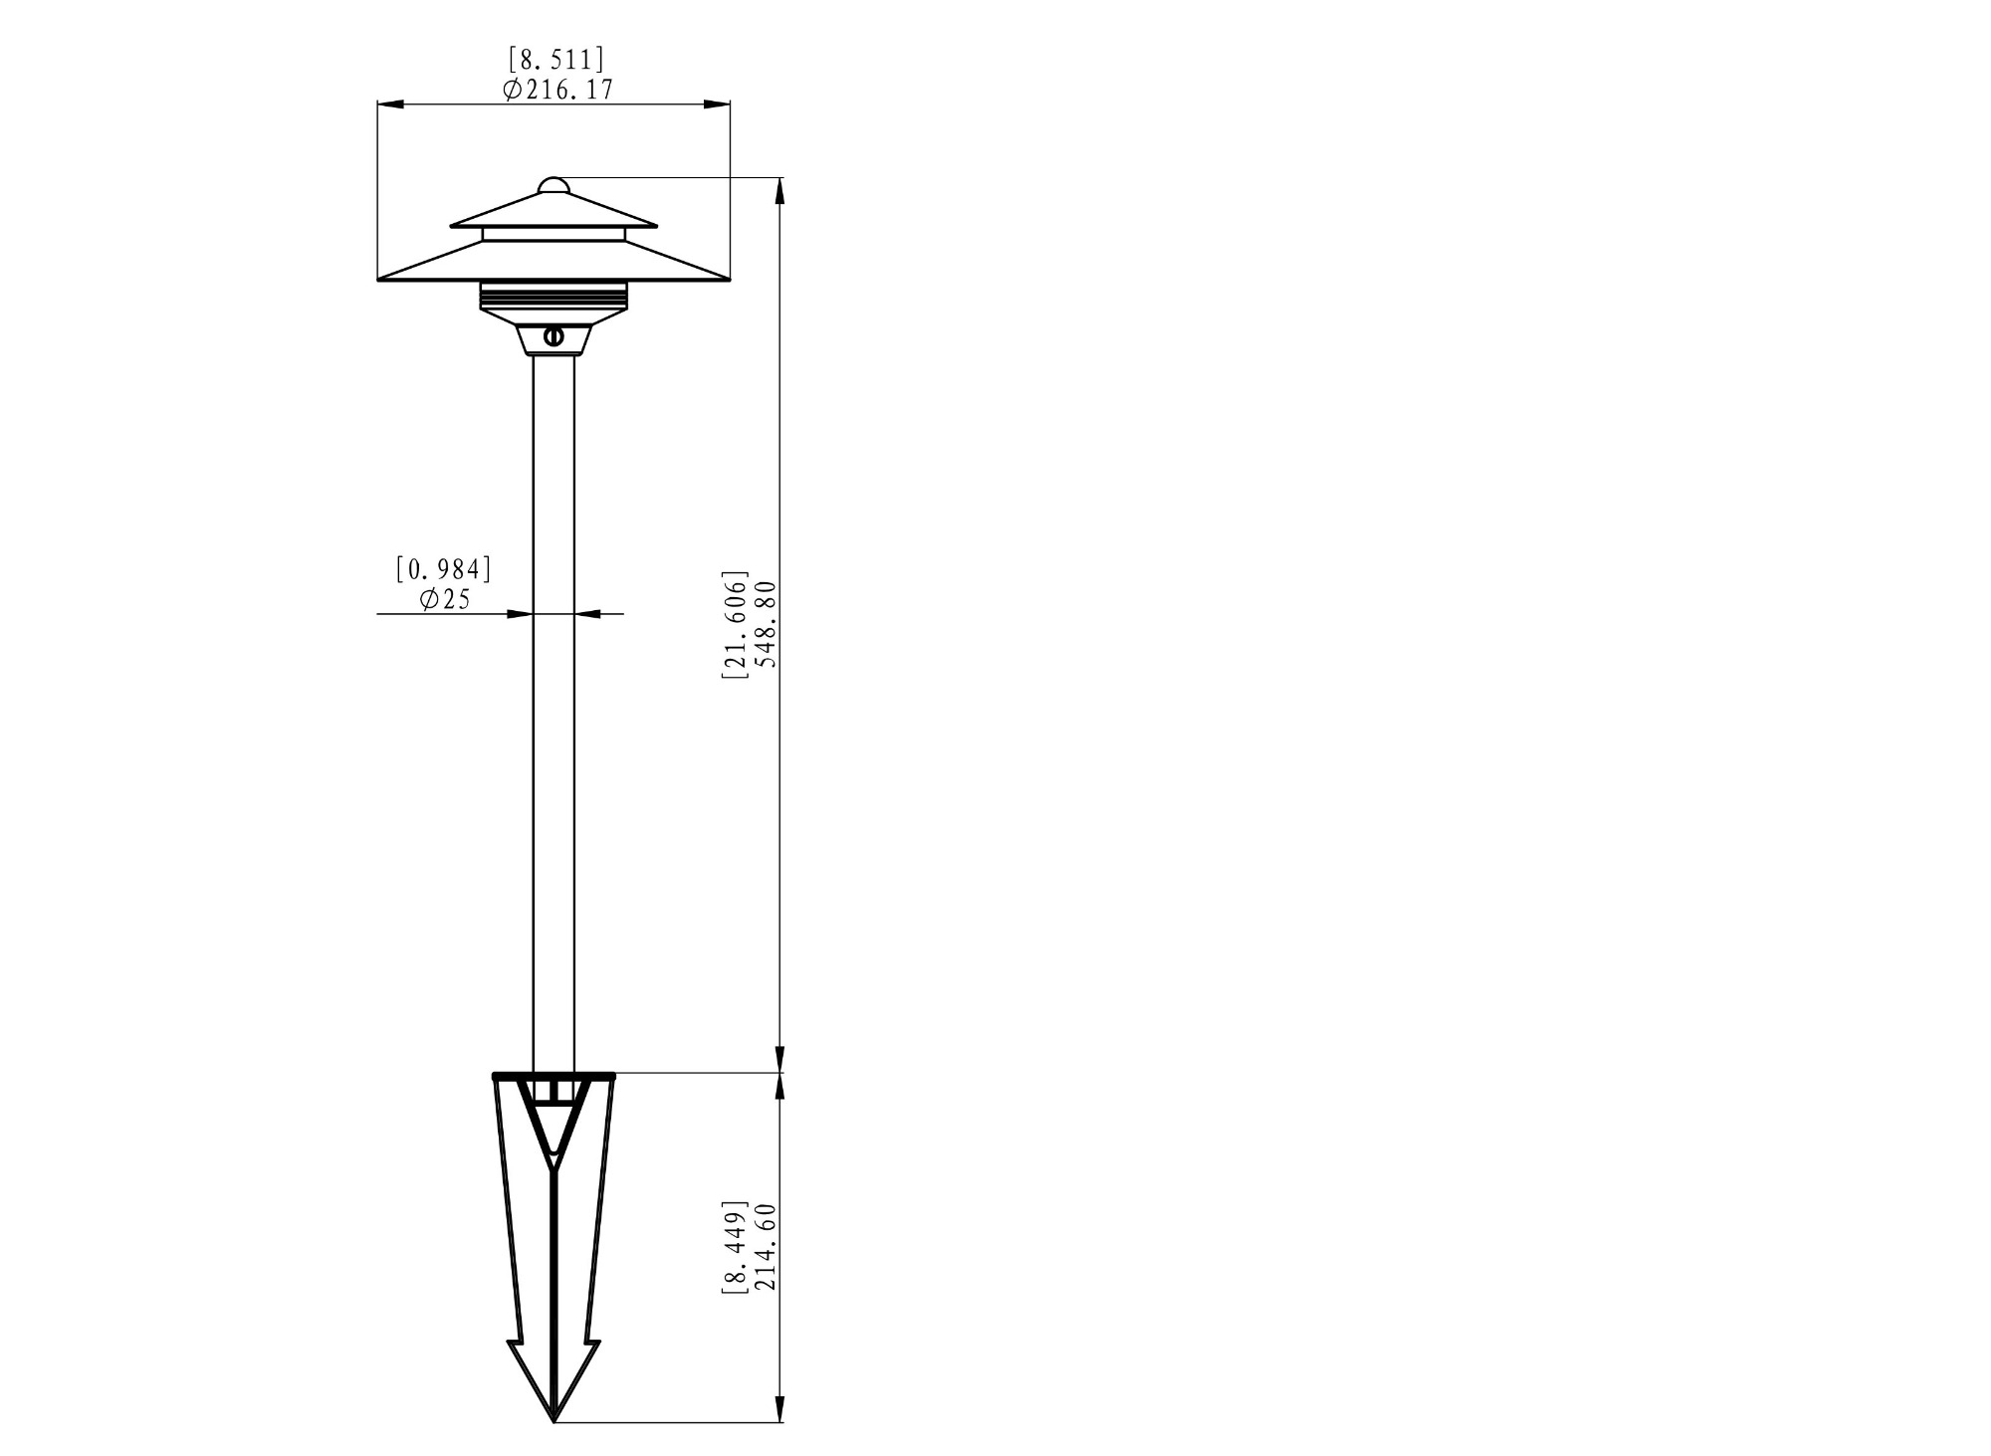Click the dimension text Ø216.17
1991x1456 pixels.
pos(558,90)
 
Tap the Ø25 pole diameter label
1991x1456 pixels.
pos(445,599)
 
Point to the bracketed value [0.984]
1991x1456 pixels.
pos(444,569)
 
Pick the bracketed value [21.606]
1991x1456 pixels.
pos(735,625)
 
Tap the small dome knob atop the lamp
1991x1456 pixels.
pos(553,186)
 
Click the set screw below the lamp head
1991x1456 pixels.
pos(554,337)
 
